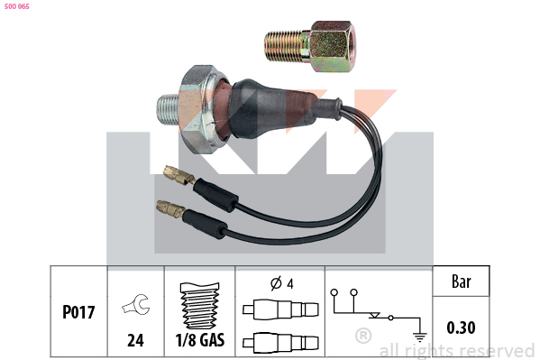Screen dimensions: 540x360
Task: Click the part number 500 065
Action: pos(17,6)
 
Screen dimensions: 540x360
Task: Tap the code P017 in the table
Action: pos(78,312)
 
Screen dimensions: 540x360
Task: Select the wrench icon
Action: pos(136,304)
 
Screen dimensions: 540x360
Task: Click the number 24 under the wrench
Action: pos(135,340)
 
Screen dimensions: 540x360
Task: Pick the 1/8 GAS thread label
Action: pos(200,339)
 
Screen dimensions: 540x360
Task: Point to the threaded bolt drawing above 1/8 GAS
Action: pos(200,306)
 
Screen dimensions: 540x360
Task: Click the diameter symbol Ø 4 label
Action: pos(282,283)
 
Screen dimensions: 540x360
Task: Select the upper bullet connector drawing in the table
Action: pos(280,309)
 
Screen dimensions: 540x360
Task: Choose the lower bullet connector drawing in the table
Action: pos(280,343)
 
